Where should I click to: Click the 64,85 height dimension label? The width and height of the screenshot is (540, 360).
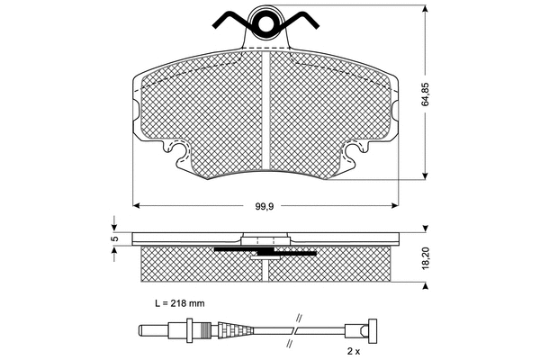426,94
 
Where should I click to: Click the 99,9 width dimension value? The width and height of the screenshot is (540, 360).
264,206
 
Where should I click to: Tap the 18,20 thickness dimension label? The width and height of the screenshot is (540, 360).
426,257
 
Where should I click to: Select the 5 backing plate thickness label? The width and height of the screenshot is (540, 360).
116,238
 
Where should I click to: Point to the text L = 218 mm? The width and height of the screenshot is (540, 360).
179,303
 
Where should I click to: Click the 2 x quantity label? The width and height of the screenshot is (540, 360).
354,351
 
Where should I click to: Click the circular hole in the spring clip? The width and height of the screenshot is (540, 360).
265,23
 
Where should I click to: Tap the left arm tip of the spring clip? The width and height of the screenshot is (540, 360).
216,25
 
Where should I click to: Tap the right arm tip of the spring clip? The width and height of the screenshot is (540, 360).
315,25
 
